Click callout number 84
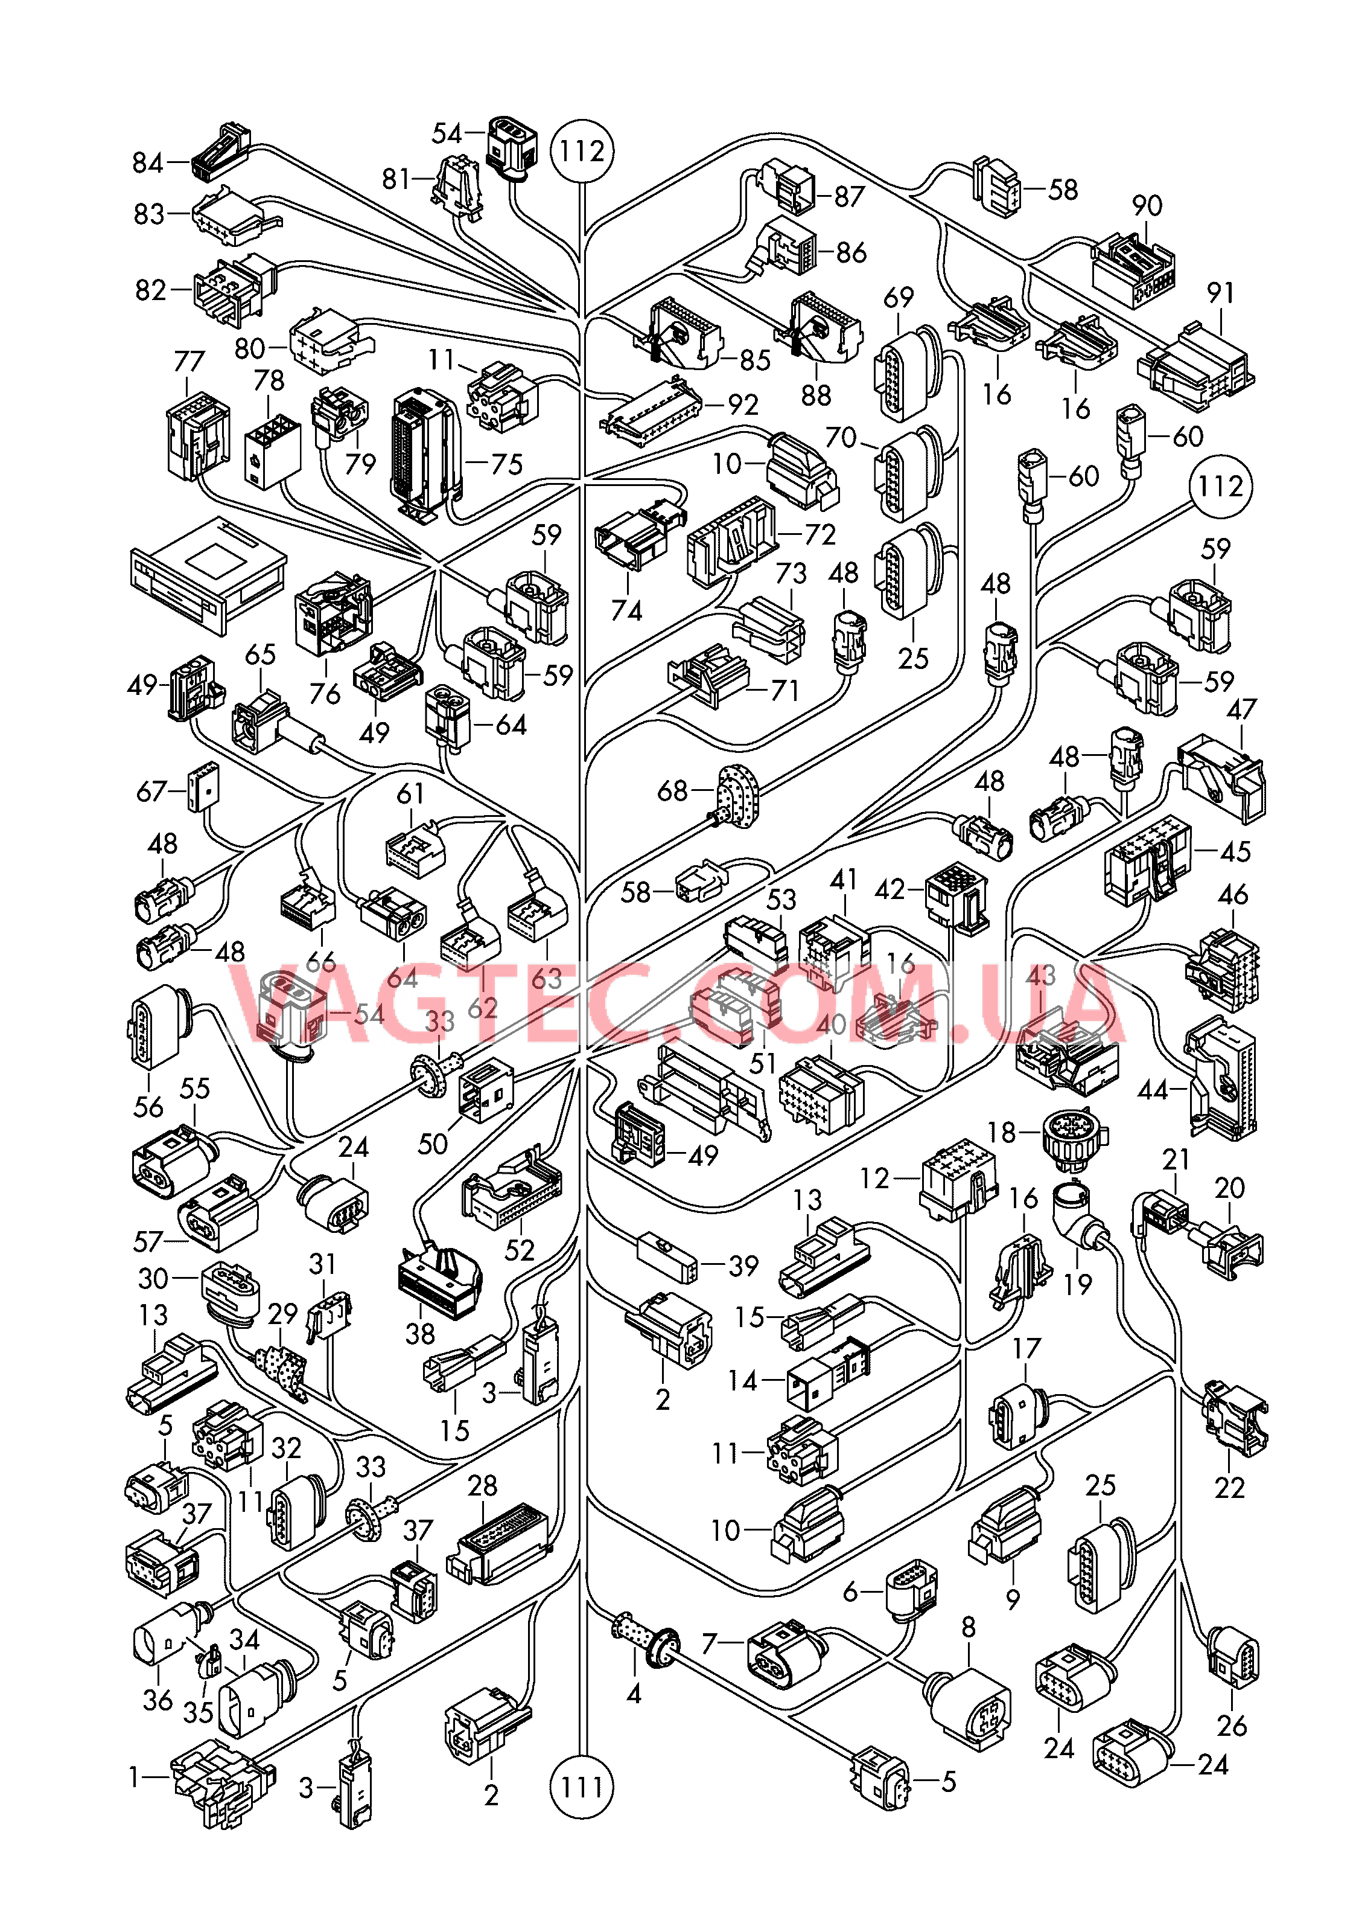[148, 162]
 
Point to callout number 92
[743, 405]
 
